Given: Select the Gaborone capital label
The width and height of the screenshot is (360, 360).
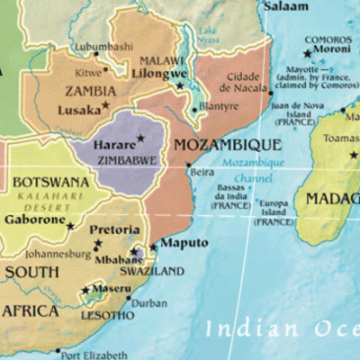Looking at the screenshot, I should click(34, 219).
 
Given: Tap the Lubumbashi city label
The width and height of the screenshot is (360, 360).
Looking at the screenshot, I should click(103, 46).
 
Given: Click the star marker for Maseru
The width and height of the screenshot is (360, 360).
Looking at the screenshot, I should click(85, 290).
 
